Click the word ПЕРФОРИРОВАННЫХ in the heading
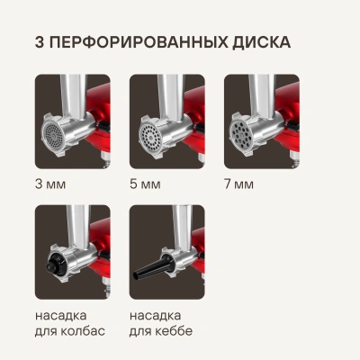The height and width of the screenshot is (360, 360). pos(139,42)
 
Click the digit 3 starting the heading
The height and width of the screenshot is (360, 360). pos(40,42)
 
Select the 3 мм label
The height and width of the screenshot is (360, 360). pos(50,184)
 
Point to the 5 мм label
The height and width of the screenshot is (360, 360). pos(145,184)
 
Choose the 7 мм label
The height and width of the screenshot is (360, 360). pos(239,184)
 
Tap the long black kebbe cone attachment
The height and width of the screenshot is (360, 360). pos(151,266)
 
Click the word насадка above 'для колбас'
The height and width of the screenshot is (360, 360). pos(61,316)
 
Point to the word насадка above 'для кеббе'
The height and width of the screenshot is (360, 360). pos(156,316)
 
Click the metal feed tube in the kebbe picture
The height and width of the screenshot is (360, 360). pos(183,227)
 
